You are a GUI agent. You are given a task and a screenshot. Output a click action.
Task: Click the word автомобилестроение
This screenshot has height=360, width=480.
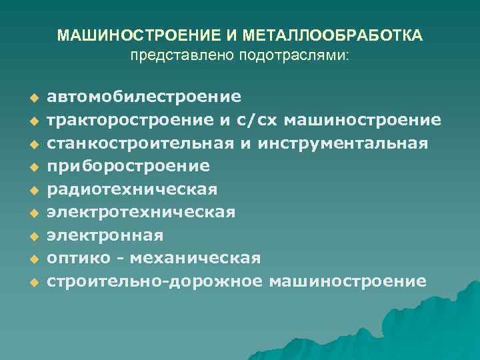pyautogui.click(x=144, y=97)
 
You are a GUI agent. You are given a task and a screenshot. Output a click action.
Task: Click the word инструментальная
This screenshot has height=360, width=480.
pyautogui.click(x=341, y=143)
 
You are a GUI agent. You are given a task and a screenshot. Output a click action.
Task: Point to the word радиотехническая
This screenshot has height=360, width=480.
pyautogui.click(x=132, y=189)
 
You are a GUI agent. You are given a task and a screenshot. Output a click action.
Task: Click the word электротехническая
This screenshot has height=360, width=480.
pyautogui.click(x=141, y=213)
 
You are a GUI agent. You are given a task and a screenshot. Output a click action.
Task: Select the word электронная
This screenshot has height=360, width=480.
pyautogui.click(x=105, y=235)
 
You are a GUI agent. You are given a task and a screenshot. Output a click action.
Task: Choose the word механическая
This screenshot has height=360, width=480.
pyautogui.click(x=195, y=258)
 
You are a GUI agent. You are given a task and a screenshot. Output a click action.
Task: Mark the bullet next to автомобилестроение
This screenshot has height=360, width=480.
pyautogui.click(x=31, y=99)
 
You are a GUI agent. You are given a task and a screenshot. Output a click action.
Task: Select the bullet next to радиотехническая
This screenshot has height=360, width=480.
pyautogui.click(x=31, y=191)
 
